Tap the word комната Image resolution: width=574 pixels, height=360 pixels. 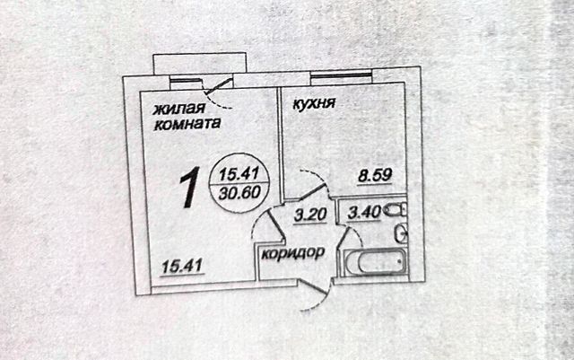[x=184, y=126]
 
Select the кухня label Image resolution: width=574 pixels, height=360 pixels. [x=314, y=103]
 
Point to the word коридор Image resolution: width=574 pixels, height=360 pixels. [x=292, y=252]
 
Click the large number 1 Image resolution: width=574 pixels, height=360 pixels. [x=189, y=188]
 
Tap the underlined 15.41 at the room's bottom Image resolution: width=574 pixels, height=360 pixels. [x=179, y=265]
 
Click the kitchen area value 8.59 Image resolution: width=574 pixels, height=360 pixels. [x=377, y=176]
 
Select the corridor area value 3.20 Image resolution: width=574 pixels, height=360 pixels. [x=309, y=215]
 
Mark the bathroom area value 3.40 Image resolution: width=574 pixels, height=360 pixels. [x=364, y=214]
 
